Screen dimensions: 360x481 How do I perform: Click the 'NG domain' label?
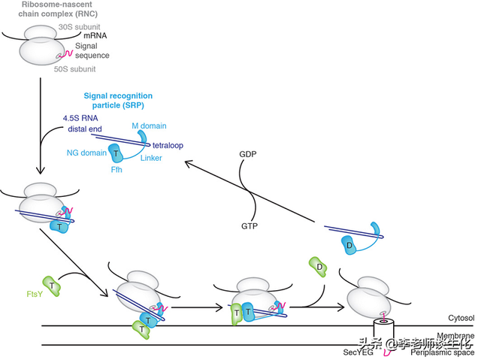pos(86,153)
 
